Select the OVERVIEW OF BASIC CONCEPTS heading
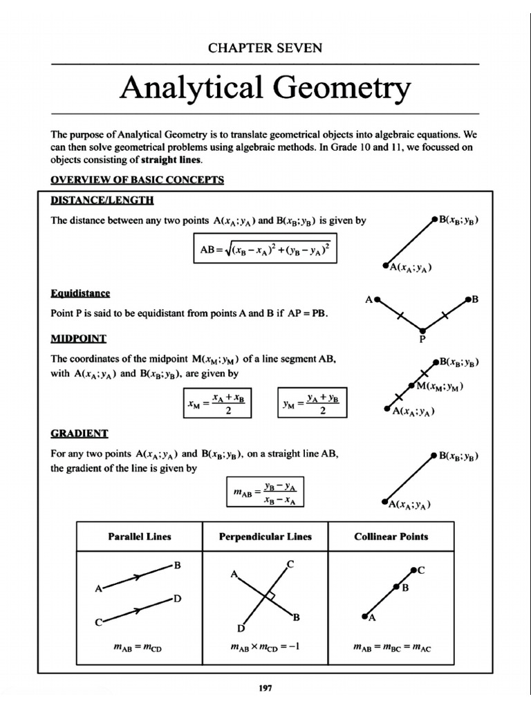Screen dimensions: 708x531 138,180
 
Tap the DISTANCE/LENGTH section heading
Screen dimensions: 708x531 102,201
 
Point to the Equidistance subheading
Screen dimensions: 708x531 81,293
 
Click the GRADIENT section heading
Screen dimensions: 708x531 80,434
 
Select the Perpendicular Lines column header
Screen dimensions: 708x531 265,536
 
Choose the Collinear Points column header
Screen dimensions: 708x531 391,536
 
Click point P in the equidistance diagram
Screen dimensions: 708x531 422,329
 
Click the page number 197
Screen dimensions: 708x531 265,689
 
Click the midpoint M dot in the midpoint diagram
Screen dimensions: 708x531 413,385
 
